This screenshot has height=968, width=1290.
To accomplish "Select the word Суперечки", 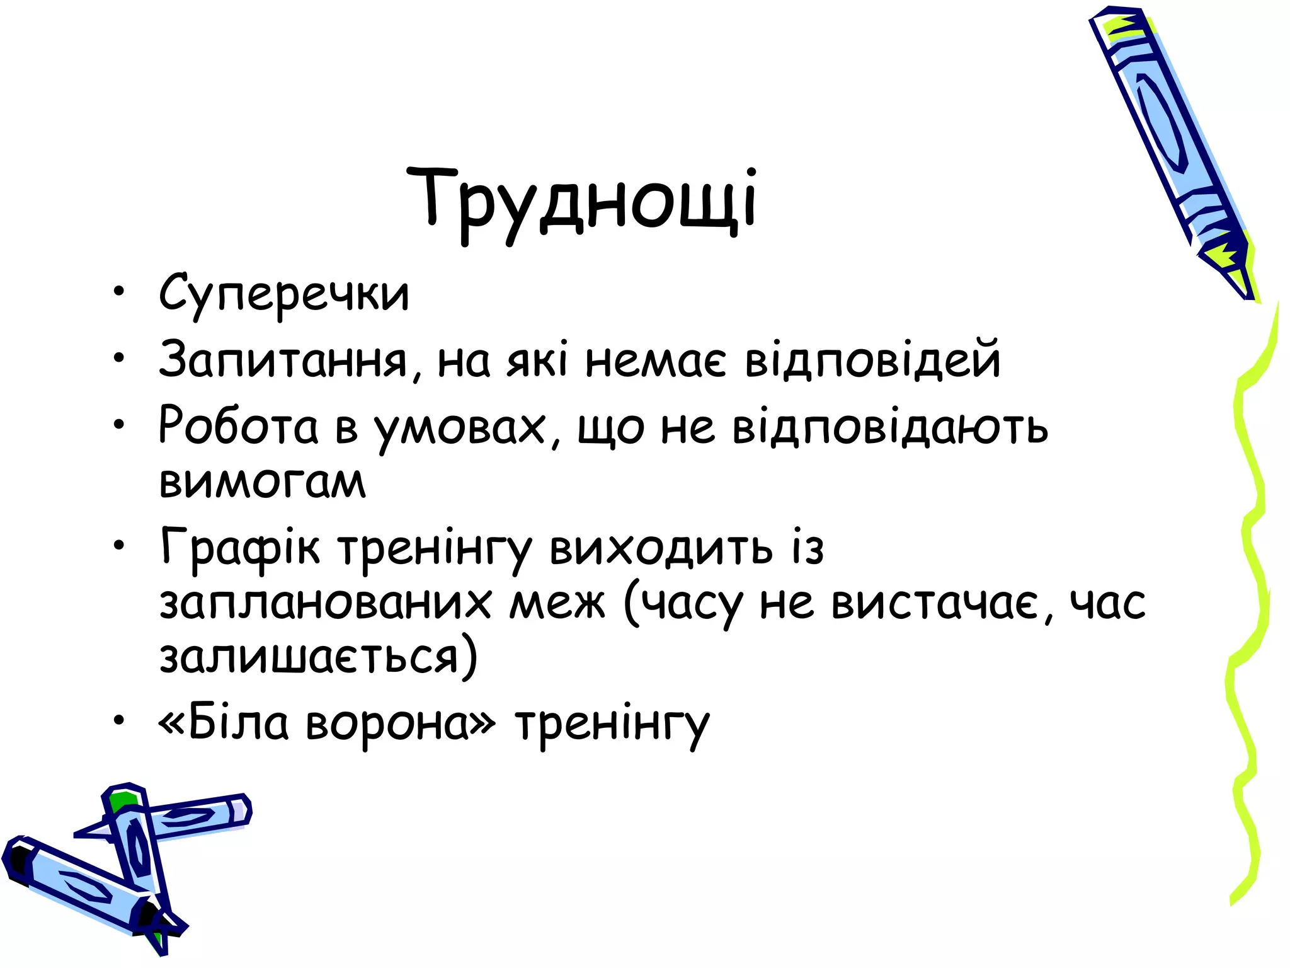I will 284,294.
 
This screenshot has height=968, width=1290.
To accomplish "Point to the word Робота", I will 239,426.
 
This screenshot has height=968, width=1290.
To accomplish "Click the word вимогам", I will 262,482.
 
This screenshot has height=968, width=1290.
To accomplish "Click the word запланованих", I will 325,602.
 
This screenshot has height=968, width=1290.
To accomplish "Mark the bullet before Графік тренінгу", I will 119,544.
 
